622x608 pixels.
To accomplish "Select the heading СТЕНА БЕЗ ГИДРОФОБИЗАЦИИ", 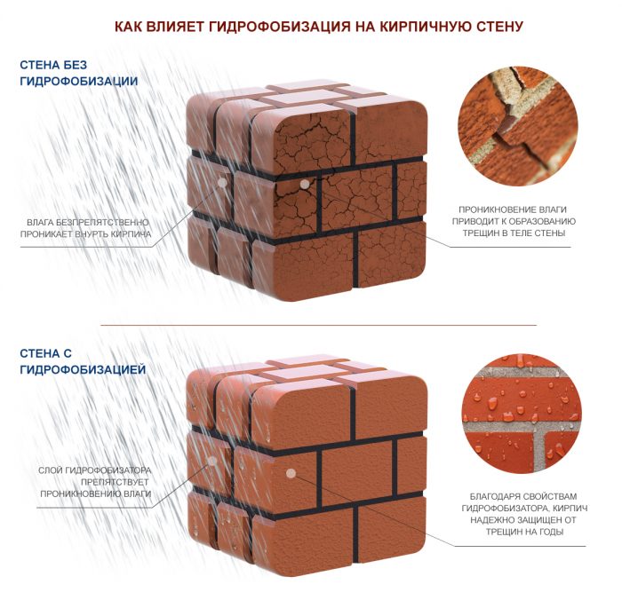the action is point(78,73).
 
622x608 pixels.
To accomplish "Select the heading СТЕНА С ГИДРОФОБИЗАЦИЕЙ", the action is point(83,361).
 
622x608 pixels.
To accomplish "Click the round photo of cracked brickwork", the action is point(518,126).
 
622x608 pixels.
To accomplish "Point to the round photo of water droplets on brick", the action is point(522,414).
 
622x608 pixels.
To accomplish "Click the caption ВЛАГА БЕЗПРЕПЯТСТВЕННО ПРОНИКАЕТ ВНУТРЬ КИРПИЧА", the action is point(85,228).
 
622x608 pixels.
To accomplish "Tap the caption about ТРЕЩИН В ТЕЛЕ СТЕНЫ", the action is point(514,221).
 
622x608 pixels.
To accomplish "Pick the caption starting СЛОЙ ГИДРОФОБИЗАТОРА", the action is point(95,482).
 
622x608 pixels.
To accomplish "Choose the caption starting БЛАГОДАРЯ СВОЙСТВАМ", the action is point(524,514).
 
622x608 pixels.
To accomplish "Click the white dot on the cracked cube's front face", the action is point(304,184).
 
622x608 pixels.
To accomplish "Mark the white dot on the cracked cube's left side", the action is point(222,183).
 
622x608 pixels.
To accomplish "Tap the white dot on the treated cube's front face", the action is point(291,473).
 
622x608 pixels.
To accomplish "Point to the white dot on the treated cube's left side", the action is point(212,461).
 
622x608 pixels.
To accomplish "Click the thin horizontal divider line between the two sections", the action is point(318,325).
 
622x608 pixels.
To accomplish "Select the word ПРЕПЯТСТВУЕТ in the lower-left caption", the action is point(115,482).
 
